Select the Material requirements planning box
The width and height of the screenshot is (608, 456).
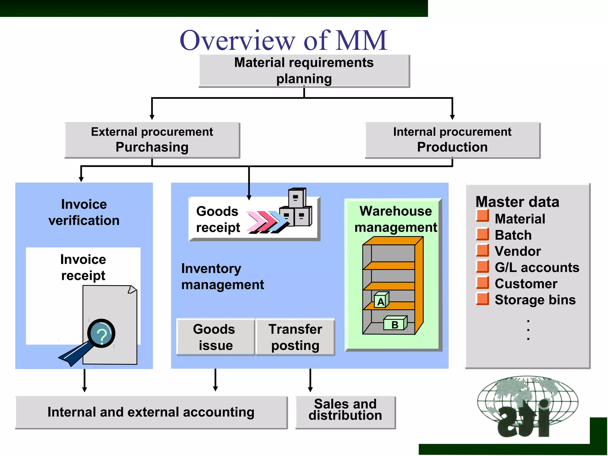[x=304, y=71]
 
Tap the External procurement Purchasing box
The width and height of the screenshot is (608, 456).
[x=152, y=140]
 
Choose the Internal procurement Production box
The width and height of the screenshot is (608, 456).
[x=452, y=140]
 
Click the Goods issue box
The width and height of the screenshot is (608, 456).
[x=215, y=337]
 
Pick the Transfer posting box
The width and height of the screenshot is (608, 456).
[x=295, y=337]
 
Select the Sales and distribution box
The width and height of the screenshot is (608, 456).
[x=345, y=412]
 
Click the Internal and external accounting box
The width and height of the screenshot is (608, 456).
[x=151, y=412]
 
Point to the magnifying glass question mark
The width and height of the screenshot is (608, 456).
[x=102, y=334]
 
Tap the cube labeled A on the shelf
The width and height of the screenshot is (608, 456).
[x=381, y=300]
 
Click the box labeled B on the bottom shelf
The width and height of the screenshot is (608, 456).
[x=395, y=324]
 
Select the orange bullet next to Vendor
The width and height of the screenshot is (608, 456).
[x=482, y=250]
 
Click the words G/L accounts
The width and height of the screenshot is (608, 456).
[x=537, y=267]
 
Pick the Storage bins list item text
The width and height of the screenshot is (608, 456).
[x=535, y=300]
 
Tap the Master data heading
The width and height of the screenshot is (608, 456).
[x=517, y=202]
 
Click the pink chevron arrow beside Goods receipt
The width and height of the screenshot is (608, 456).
[x=255, y=221]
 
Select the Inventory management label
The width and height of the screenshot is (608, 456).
[x=222, y=277]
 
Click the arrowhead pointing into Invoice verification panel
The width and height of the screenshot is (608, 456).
[x=81, y=179]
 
